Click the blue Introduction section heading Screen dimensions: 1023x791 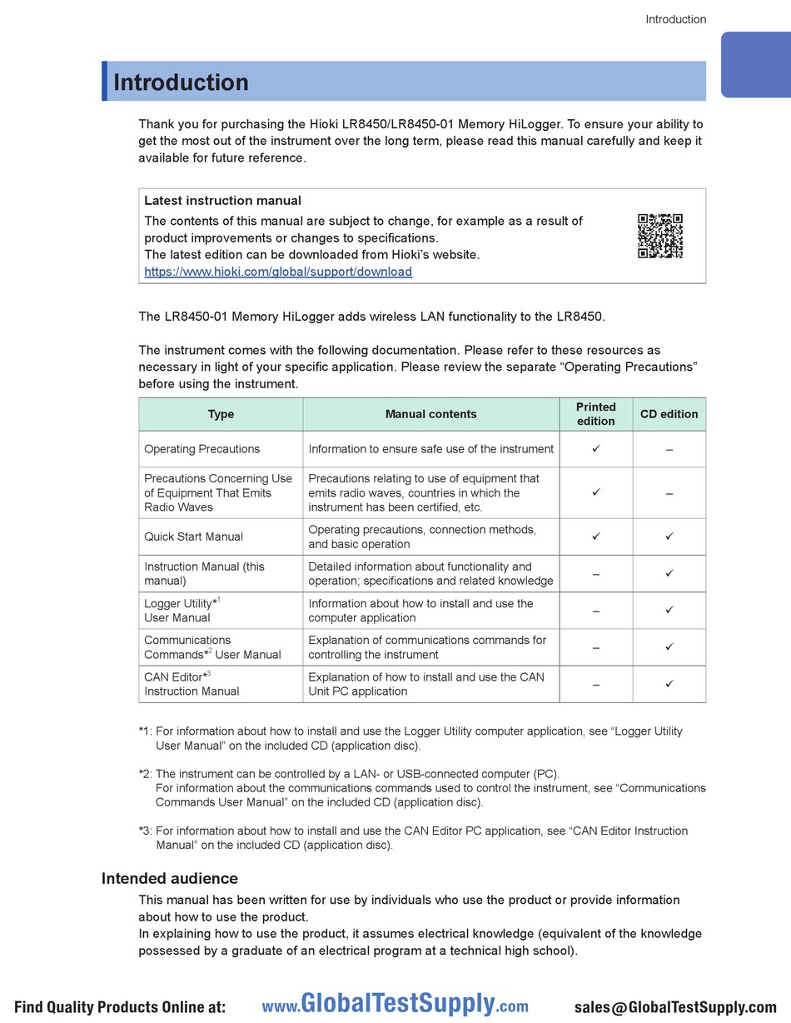[x=181, y=82]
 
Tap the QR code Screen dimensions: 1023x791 [x=660, y=236]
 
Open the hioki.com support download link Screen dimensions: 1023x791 [x=278, y=272]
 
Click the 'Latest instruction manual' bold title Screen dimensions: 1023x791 [x=222, y=201]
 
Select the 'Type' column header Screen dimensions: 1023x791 [x=221, y=414]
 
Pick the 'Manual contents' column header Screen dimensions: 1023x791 [x=430, y=414]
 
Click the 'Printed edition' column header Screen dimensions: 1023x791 [x=595, y=414]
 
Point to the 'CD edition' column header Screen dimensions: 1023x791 [x=669, y=414]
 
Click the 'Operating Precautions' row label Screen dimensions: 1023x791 [x=201, y=449]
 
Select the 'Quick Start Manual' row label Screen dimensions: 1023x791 [x=193, y=536]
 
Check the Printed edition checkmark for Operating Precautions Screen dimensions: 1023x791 [x=595, y=449]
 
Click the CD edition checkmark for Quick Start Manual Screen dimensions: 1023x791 [x=669, y=536]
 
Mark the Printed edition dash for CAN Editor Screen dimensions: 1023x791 [x=595, y=684]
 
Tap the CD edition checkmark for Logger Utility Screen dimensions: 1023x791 [x=669, y=610]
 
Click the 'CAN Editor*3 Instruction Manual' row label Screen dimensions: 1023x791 [x=192, y=684]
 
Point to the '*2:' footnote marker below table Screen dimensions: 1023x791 [x=146, y=774]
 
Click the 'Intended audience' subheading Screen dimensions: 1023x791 [x=169, y=878]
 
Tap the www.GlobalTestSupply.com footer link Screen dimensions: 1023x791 [x=395, y=1006]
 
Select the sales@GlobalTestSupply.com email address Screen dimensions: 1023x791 [x=674, y=1006]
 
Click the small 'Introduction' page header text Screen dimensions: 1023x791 [x=675, y=19]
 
